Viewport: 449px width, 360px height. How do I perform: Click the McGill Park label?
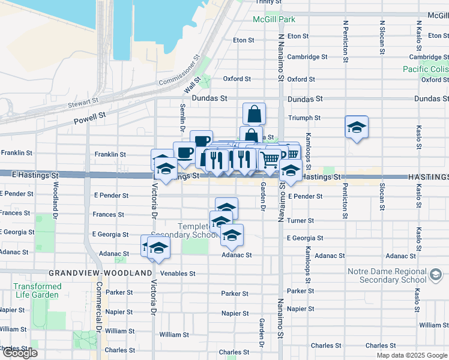[x=274, y=20]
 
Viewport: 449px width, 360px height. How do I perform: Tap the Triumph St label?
[x=304, y=118]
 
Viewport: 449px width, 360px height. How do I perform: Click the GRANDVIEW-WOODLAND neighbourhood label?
[x=100, y=273]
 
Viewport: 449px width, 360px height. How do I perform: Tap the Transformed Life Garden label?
[x=37, y=291]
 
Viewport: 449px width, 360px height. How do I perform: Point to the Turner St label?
[x=298, y=221]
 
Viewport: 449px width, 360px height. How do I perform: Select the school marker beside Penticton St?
[x=357, y=127]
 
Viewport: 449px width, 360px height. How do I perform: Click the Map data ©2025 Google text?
[x=412, y=355]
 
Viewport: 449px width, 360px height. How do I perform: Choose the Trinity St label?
[x=268, y=2]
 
